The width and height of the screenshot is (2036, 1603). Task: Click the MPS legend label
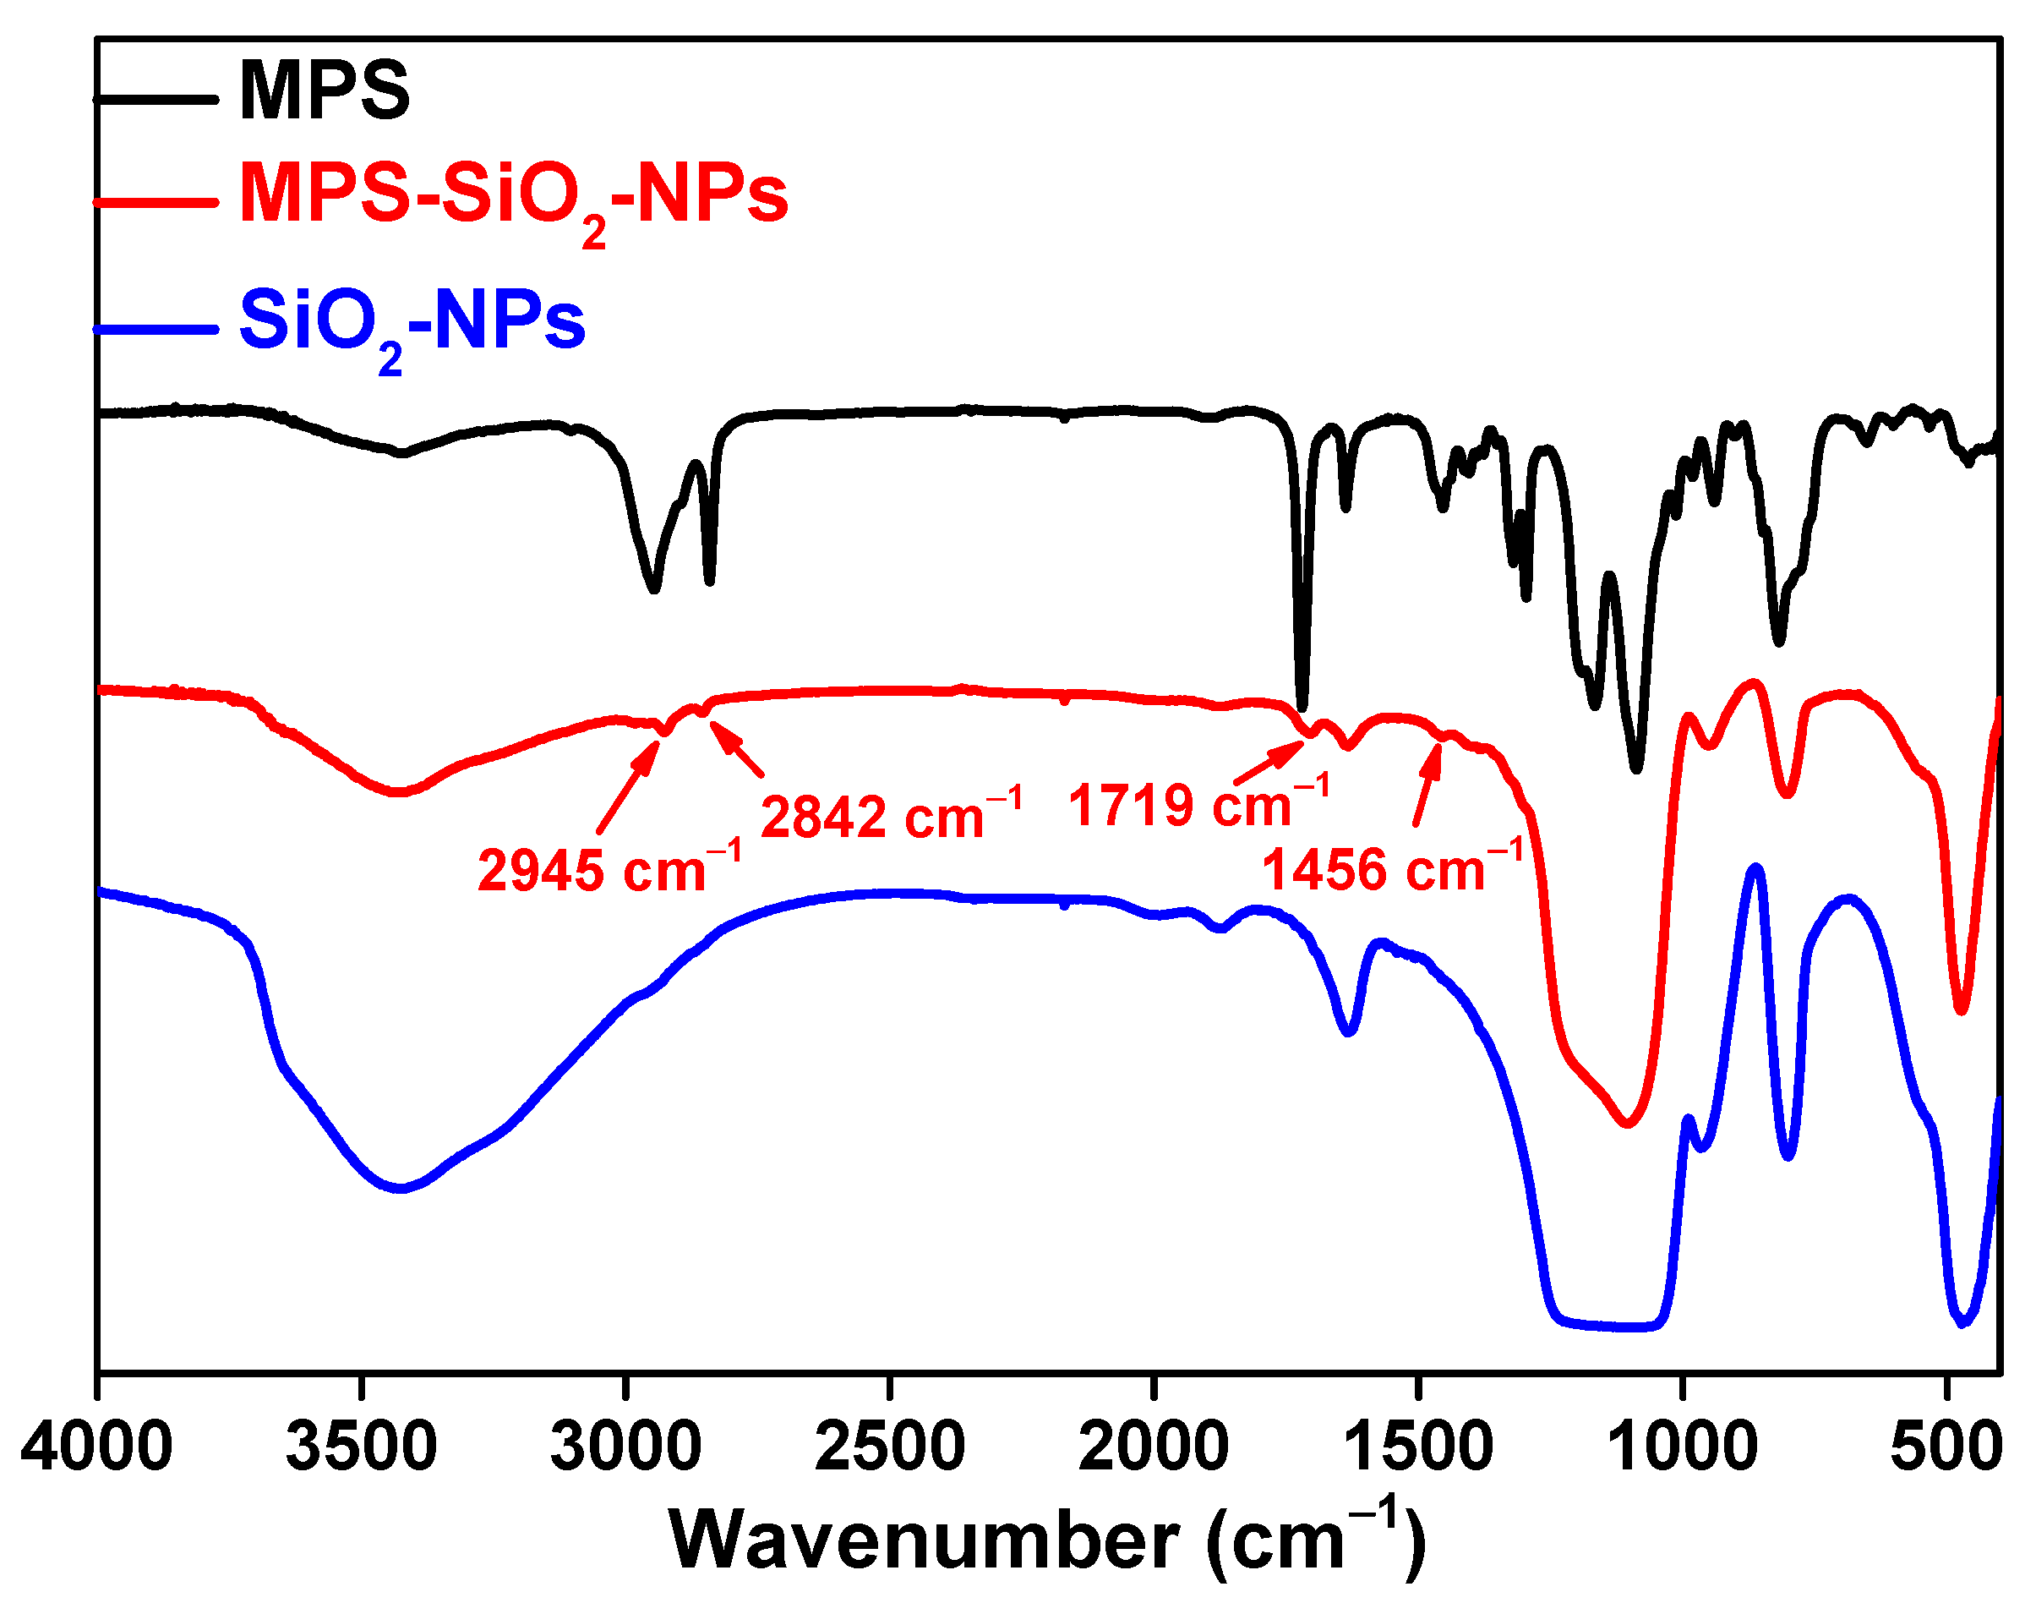pyautogui.click(x=324, y=91)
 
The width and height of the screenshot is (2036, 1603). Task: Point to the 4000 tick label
pyautogui.click(x=96, y=1446)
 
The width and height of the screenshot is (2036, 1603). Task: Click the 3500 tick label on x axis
pyautogui.click(x=361, y=1446)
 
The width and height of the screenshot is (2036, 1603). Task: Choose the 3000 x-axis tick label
pyautogui.click(x=625, y=1446)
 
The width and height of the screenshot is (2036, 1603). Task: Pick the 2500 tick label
pyautogui.click(x=889, y=1446)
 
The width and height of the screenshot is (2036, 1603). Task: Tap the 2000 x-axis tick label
pyautogui.click(x=1154, y=1446)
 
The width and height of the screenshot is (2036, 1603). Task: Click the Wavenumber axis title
pyautogui.click(x=1047, y=1541)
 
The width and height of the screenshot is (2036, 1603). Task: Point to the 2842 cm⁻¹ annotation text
pyautogui.click(x=889, y=812)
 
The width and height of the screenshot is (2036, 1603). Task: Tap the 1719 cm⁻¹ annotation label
pyautogui.click(x=1198, y=802)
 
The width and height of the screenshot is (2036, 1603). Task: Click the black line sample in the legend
pyautogui.click(x=156, y=97)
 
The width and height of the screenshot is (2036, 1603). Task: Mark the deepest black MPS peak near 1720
pyautogui.click(x=1302, y=706)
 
